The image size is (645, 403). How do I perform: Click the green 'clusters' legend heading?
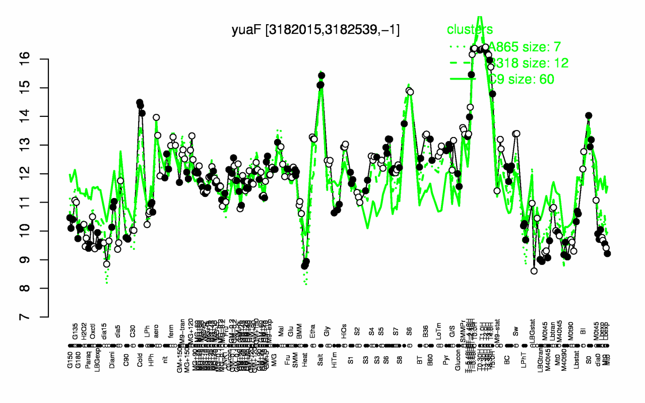pyautogui.click(x=470, y=30)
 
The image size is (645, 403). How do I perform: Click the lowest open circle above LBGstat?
pyautogui.click(x=534, y=271)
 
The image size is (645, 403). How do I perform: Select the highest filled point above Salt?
pyautogui.click(x=321, y=76)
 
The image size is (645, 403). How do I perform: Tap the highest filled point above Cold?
pyautogui.click(x=139, y=103)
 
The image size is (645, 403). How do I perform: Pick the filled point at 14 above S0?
pyautogui.click(x=589, y=115)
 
